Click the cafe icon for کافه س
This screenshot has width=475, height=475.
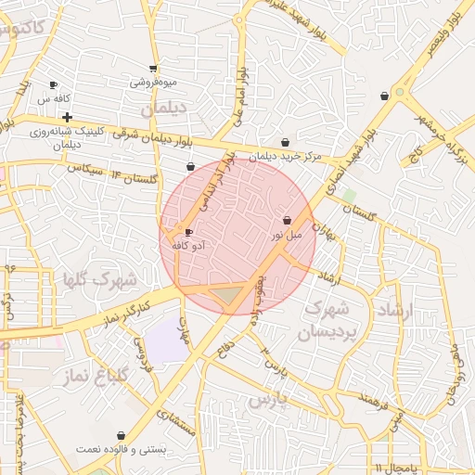[x=53, y=84]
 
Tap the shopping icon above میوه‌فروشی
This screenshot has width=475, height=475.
[x=153, y=68]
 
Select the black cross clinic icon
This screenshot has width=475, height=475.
[x=67, y=117]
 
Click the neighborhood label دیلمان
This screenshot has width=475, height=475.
[x=163, y=109]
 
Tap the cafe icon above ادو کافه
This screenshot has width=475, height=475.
[x=189, y=233]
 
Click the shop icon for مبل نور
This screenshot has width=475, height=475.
[x=287, y=221]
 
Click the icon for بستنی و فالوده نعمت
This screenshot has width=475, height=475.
[x=121, y=435]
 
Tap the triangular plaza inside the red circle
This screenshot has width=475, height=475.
[x=226, y=296]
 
